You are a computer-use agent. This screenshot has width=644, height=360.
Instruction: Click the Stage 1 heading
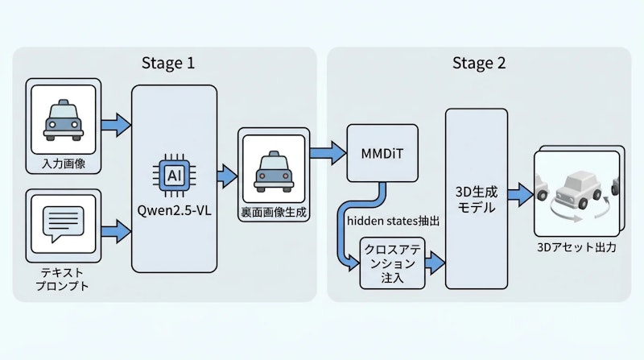pyautogui.click(x=167, y=64)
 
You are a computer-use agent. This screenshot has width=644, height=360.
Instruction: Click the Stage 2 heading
pyautogui.click(x=479, y=64)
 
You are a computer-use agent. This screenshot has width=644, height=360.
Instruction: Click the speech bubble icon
pyautogui.click(x=63, y=221)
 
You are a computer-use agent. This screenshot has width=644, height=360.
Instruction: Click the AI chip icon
pyautogui.click(x=174, y=175)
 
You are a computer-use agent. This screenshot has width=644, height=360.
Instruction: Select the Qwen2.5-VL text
pyautogui.click(x=174, y=213)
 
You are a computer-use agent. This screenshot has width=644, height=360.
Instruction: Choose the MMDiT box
pyautogui.click(x=383, y=152)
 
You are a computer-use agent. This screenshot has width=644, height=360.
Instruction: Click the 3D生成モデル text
pyautogui.click(x=476, y=198)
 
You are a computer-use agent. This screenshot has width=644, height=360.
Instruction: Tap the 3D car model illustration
pyautogui.click(x=577, y=191)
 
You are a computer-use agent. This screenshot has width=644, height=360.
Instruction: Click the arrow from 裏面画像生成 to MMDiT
pyautogui.click(x=326, y=151)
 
